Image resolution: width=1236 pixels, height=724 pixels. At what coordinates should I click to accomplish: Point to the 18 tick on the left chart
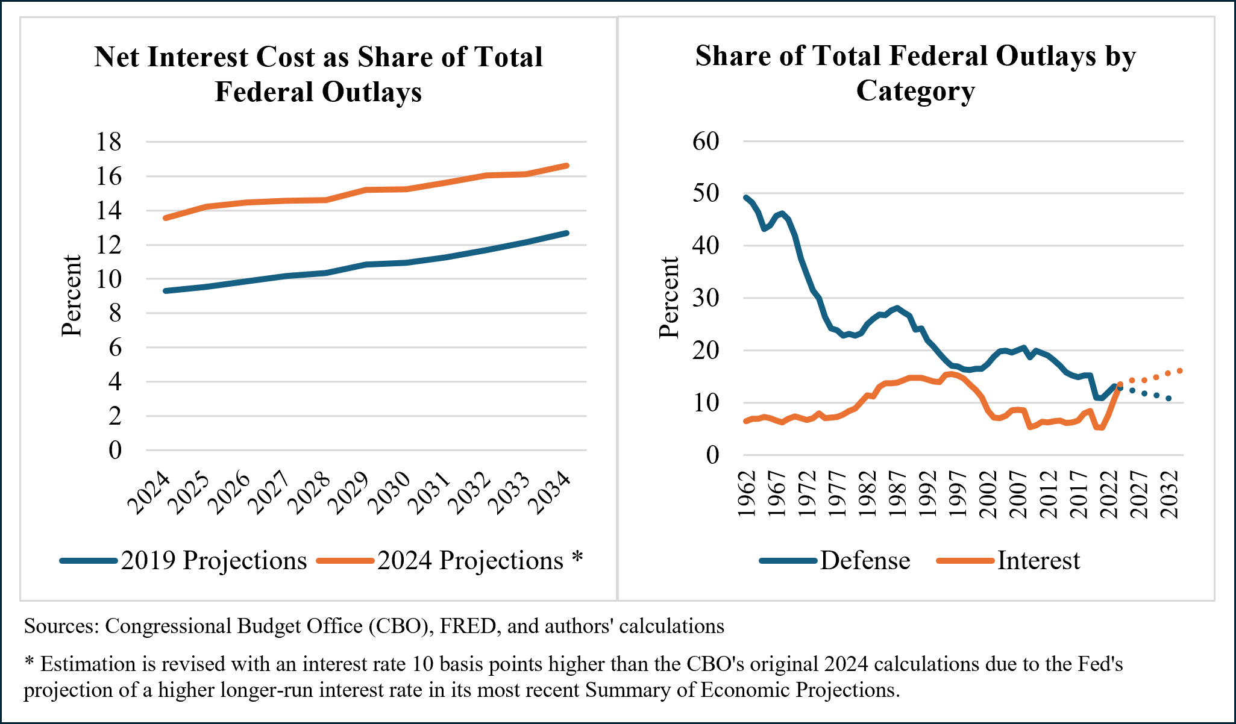[x=108, y=142]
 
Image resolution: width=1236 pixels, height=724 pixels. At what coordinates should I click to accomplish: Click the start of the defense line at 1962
[x=747, y=198]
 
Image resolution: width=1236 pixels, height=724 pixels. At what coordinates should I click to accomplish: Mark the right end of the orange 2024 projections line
[x=566, y=165]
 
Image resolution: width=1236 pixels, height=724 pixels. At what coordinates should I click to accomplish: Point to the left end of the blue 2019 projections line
[x=166, y=291]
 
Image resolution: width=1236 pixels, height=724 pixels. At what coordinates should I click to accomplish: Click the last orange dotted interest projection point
[x=1179, y=370]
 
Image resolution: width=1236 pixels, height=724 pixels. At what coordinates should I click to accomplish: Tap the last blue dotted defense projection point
[x=1169, y=398]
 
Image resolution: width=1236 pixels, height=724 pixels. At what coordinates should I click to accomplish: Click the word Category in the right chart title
[x=915, y=91]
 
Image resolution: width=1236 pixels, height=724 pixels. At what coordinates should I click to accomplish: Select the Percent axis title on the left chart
[x=72, y=295]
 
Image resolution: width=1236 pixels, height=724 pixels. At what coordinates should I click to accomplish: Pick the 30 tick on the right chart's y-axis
[x=706, y=298]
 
